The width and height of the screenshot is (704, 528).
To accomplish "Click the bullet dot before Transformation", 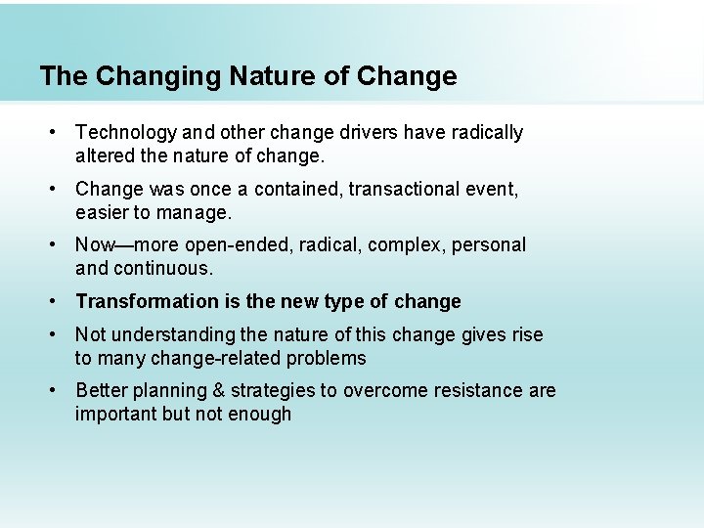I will [58, 302].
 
